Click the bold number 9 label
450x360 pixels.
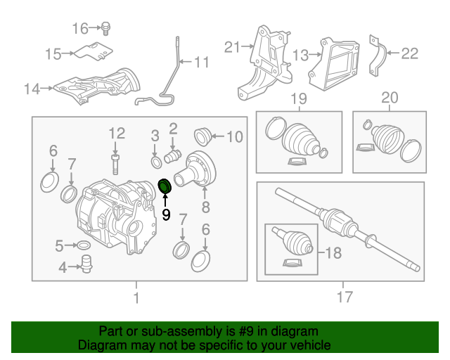(x=167, y=214)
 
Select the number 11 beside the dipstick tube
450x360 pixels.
(x=201, y=63)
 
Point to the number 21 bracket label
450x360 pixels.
(x=233, y=47)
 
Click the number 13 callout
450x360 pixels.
(x=300, y=54)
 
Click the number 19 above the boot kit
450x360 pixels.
(x=299, y=98)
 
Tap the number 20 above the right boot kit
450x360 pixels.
(x=389, y=98)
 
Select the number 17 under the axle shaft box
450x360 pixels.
(x=344, y=297)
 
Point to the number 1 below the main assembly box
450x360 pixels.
(x=136, y=298)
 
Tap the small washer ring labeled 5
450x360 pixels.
(x=82, y=245)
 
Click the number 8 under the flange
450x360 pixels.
(x=205, y=207)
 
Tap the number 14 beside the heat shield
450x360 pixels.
(x=31, y=89)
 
